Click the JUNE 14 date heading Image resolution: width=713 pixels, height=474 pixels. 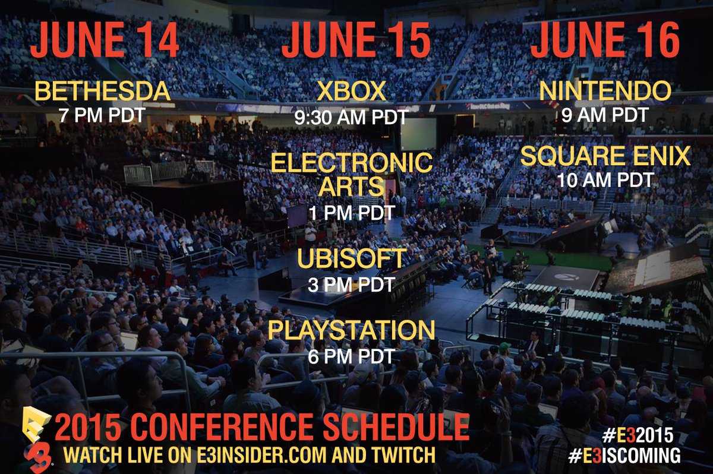click(x=104, y=42)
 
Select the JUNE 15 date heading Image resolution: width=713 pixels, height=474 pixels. click(x=356, y=42)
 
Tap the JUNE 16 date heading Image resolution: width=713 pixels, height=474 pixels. click(x=605, y=42)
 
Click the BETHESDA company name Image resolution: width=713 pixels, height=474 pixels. click(x=103, y=92)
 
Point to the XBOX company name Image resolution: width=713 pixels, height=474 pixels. click(x=352, y=92)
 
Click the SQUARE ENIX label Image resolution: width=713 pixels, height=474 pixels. click(x=605, y=157)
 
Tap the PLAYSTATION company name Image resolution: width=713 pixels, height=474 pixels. click(x=352, y=330)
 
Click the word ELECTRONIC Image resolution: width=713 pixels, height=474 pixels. click(x=352, y=163)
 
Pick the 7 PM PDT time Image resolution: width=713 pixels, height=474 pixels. click(x=102, y=115)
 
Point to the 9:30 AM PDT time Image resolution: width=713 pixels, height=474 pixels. click(x=352, y=117)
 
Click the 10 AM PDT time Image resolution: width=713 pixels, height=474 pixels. click(x=605, y=179)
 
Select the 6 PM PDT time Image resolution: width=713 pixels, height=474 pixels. click(x=352, y=356)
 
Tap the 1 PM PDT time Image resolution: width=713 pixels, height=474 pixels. click(x=352, y=212)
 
